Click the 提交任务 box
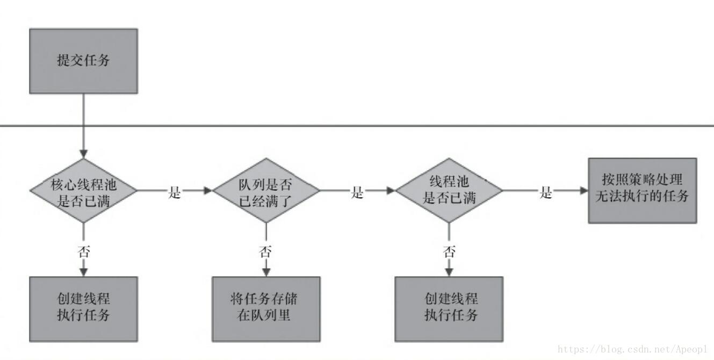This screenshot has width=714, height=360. click(x=83, y=61)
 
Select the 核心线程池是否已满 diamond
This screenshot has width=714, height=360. click(x=83, y=191)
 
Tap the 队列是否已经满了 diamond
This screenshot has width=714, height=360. click(x=266, y=191)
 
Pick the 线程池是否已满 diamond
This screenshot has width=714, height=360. click(x=449, y=191)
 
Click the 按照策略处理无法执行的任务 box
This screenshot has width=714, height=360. click(x=643, y=190)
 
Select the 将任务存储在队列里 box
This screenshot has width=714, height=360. click(x=266, y=309)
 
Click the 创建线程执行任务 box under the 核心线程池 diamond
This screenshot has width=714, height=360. click(x=83, y=309)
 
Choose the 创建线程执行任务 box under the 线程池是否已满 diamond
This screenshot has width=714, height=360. click(x=449, y=309)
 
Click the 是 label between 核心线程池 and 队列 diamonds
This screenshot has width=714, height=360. click(x=175, y=192)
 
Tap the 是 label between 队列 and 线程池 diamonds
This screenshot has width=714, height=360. click(x=357, y=192)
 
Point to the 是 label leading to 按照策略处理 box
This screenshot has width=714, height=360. click(x=546, y=192)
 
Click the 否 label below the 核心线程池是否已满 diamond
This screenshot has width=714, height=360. click(x=83, y=251)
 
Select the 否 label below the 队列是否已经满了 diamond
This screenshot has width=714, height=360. click(x=266, y=251)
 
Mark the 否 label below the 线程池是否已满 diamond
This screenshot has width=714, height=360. click(x=449, y=251)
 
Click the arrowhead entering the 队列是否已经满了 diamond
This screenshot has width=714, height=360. click(x=208, y=191)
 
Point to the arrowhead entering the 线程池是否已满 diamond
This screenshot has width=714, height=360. click(x=391, y=191)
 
